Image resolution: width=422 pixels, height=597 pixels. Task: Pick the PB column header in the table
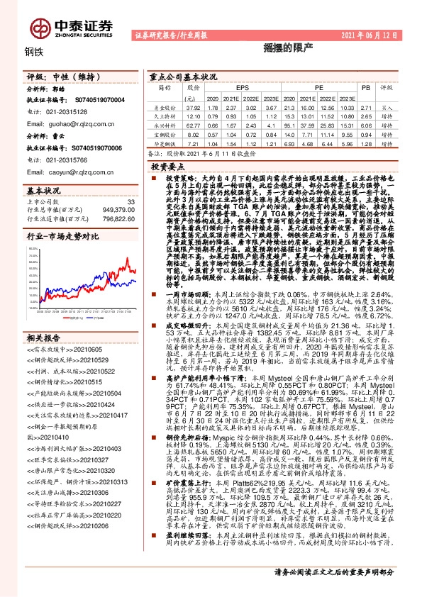tap(367, 87)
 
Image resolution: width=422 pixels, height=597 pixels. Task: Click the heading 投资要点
tap(167, 164)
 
